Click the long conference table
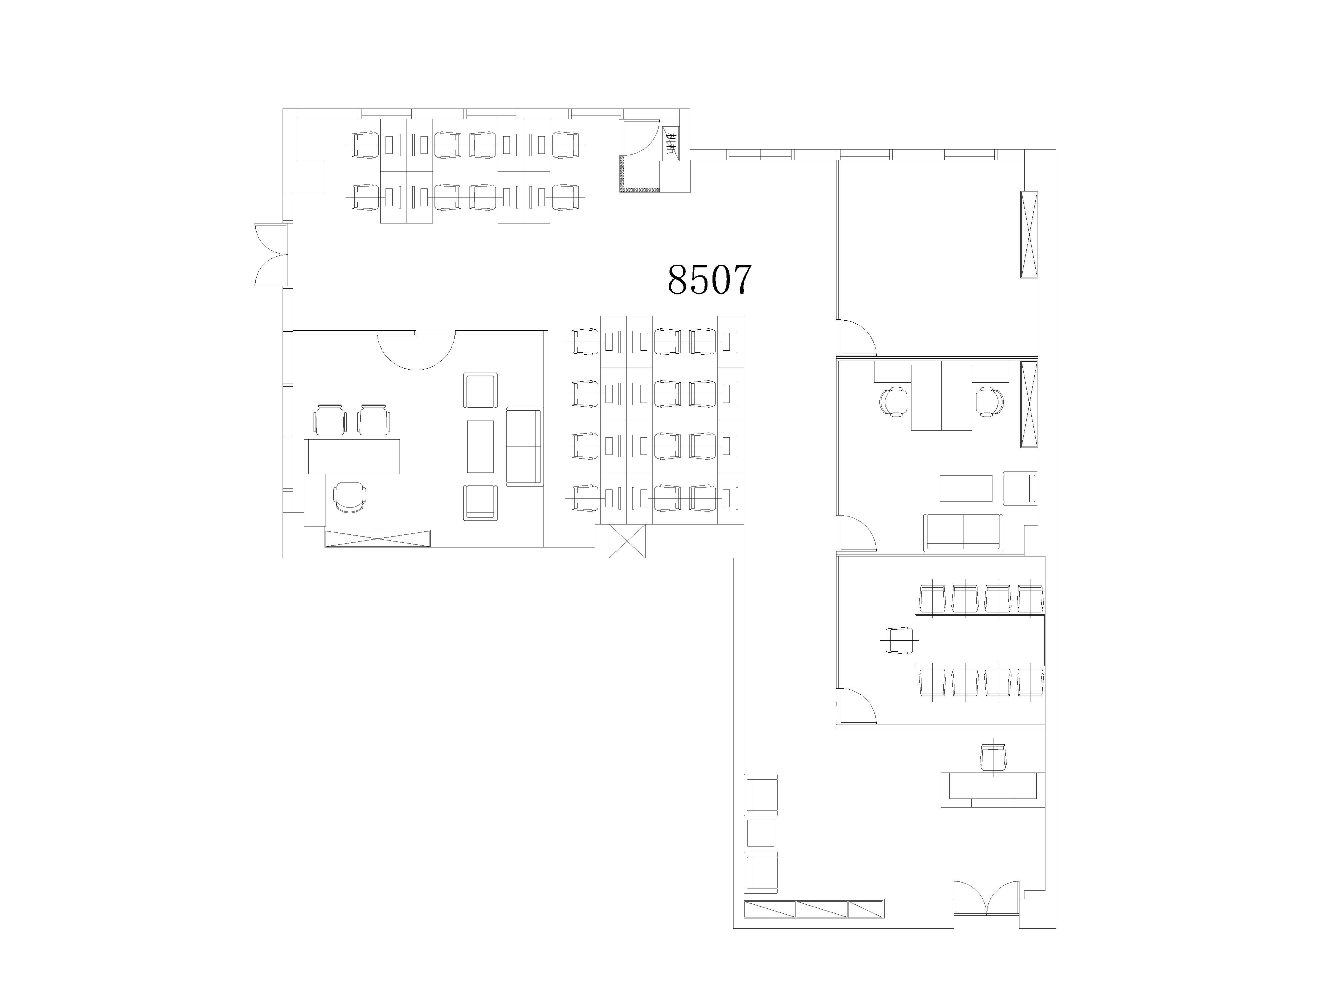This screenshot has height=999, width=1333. coord(980,639)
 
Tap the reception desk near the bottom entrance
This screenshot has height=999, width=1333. coord(991,790)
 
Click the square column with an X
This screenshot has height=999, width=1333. coord(627,541)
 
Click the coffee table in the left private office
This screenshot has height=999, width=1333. coord(480,446)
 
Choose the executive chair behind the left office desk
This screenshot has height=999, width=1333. coord(350,498)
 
